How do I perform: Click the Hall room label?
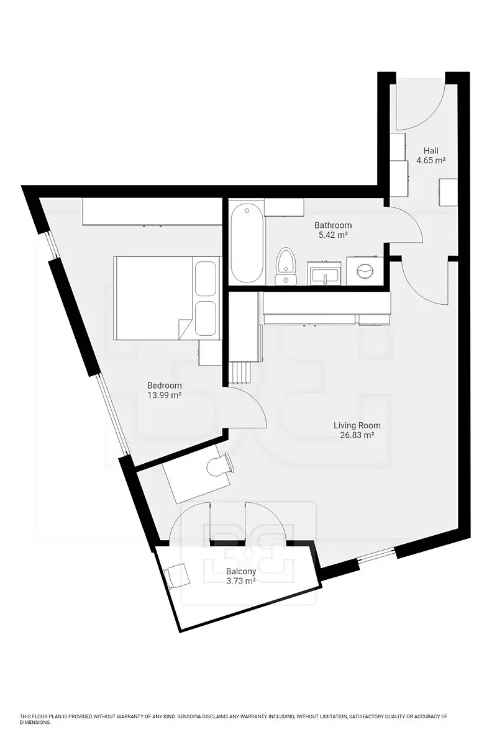tap(431, 150)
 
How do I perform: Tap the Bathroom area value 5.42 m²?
tap(333, 235)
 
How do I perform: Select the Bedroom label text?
tap(165, 386)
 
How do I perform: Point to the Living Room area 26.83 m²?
tap(357, 435)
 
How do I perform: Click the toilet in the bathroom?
tap(286, 266)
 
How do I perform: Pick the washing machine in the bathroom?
tap(365, 271)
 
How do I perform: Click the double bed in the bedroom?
tap(167, 298)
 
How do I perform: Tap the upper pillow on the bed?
tap(205, 278)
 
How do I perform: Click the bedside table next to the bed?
tap(210, 353)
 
